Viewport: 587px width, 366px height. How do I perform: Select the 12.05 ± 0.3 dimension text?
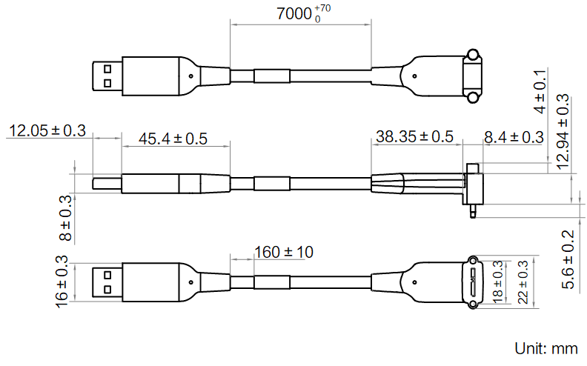click(46, 131)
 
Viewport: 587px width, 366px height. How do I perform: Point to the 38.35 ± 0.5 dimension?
click(414, 136)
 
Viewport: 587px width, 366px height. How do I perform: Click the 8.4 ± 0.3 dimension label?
click(513, 136)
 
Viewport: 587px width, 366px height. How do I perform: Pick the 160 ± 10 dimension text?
click(283, 252)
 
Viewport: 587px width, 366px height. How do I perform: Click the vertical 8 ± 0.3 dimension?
click(67, 218)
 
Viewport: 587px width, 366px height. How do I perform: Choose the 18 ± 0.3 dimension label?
click(498, 282)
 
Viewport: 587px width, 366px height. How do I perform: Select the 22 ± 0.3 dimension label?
click(523, 282)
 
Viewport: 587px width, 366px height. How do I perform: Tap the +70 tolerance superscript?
click(322, 7)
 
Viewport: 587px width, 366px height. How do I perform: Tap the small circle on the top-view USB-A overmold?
click(191, 76)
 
